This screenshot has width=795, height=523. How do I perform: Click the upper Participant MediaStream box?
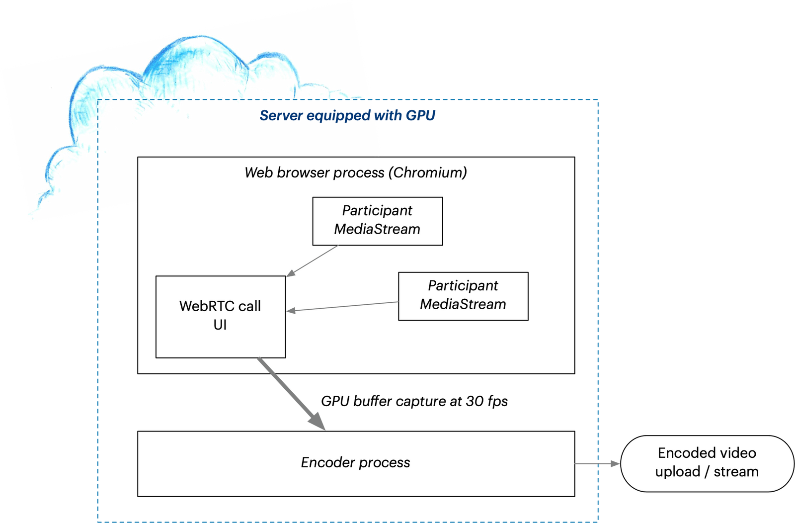[377, 221]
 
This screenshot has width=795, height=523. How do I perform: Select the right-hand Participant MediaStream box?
[463, 296]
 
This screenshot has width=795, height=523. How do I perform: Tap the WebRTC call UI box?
[220, 317]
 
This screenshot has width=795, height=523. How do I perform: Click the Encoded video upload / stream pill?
[707, 463]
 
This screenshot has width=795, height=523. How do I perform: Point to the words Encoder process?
[355, 463]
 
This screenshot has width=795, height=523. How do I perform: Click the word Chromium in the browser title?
[427, 173]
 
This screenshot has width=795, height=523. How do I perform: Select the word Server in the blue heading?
[281, 116]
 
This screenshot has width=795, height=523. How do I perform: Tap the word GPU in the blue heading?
[420, 116]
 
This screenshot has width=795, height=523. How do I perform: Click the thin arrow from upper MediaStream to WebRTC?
[313, 261]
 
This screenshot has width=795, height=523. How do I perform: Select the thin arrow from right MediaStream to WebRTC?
[343, 306]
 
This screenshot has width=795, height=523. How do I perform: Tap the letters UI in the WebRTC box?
[220, 325]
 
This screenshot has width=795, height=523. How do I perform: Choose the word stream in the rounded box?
[736, 472]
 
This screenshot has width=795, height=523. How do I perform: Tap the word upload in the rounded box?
[678, 472]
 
